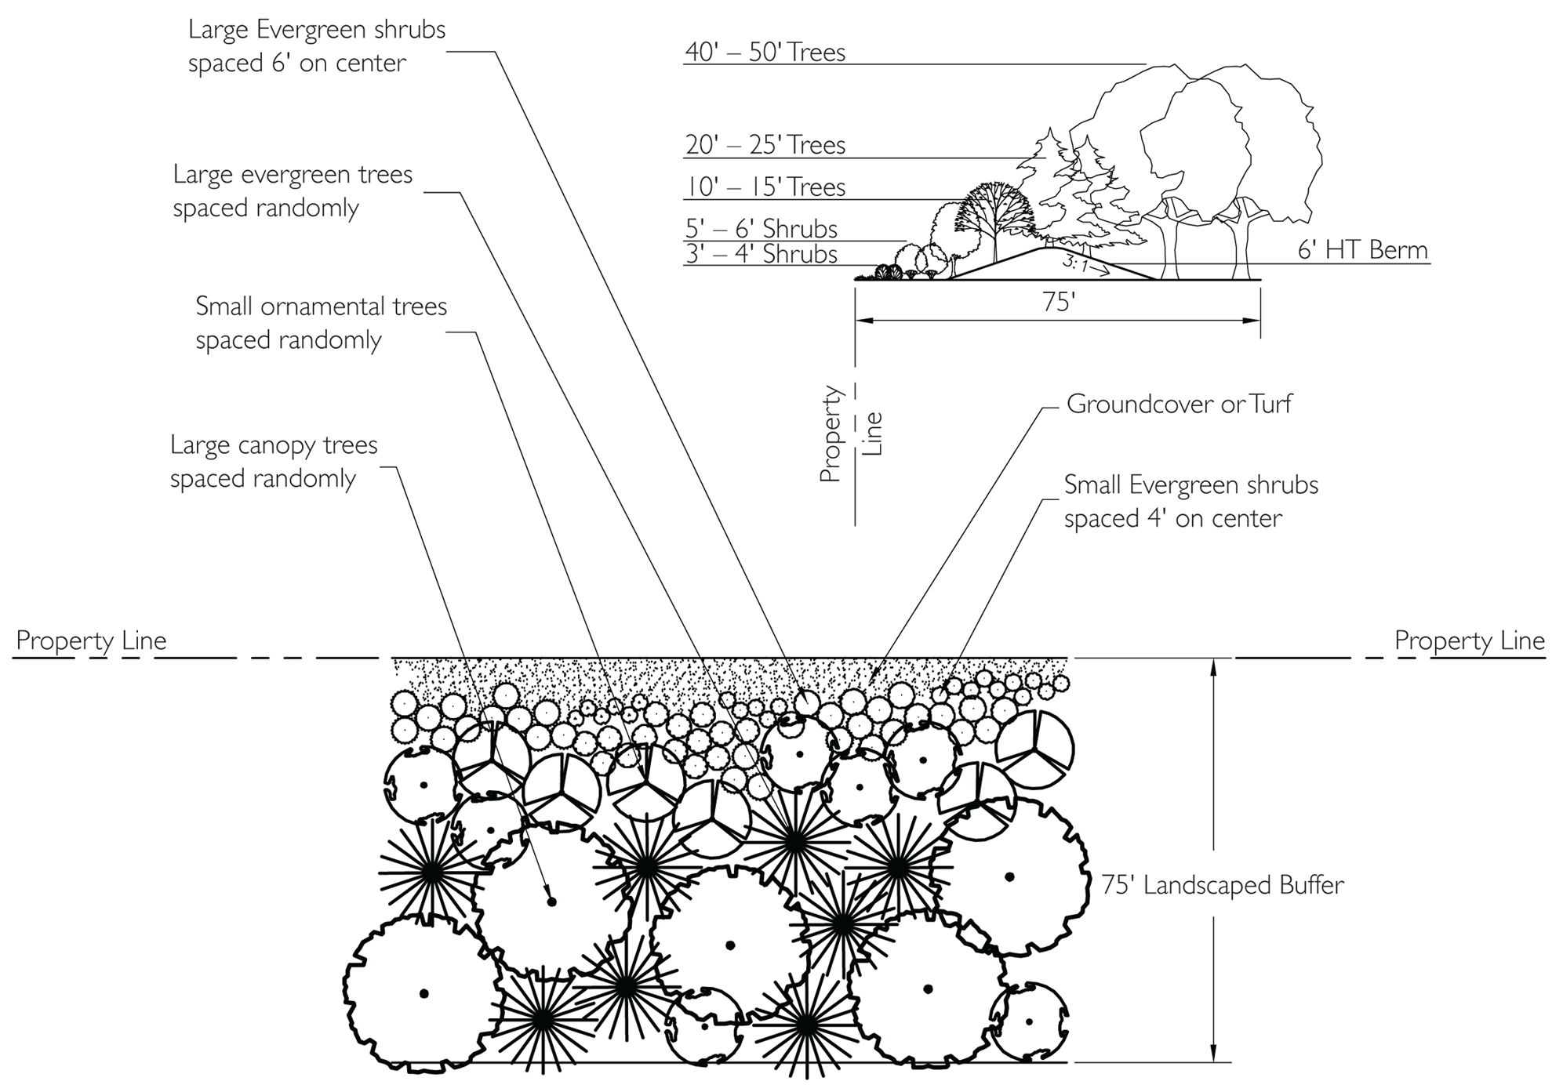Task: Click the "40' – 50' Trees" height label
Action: coord(765,53)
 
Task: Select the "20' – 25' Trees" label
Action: coord(765,145)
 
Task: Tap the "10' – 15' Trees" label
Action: coord(765,187)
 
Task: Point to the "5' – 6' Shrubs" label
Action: coord(761,229)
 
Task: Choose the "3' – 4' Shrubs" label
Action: coord(761,254)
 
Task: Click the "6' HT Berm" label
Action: coord(1362,250)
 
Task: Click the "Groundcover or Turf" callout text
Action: coord(1178,405)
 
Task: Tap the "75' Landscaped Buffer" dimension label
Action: coord(1222,885)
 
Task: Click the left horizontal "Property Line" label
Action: coord(91,640)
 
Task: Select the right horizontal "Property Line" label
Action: coord(1469,640)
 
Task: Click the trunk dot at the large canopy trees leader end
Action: coord(551,902)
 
